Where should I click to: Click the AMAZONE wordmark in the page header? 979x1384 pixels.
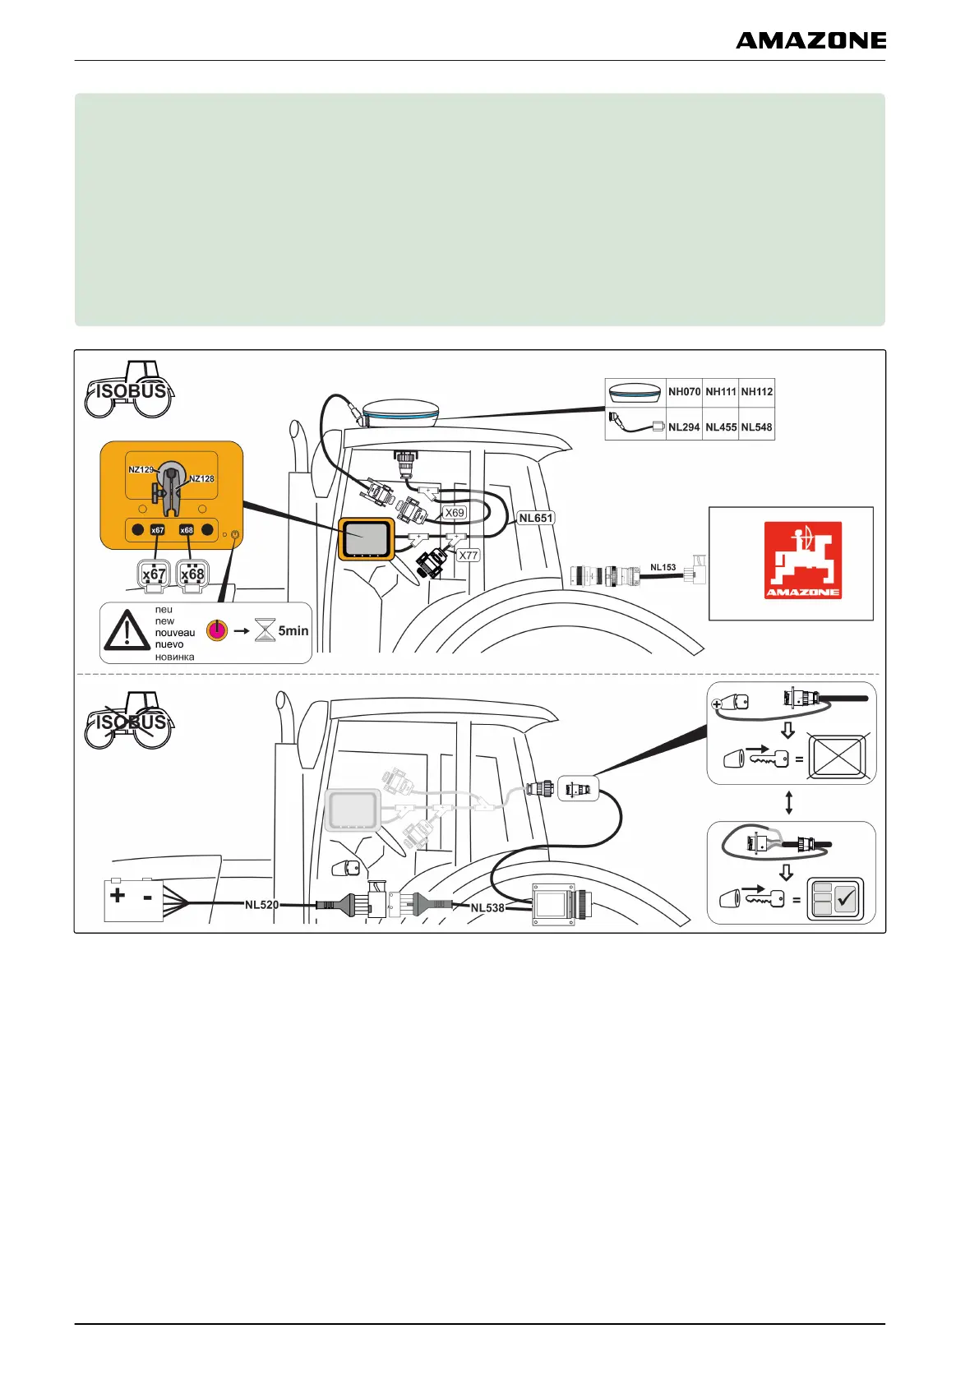[810, 40]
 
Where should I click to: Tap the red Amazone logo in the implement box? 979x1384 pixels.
[802, 561]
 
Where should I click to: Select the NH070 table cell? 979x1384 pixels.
[684, 392]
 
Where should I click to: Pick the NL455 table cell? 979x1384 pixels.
[721, 427]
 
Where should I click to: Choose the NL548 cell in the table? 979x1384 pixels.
[756, 427]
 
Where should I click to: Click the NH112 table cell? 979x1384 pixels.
[756, 392]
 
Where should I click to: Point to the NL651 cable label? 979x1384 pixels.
[536, 518]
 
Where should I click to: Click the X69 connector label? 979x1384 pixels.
[455, 513]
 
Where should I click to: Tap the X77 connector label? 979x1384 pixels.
[468, 556]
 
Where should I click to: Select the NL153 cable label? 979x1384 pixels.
[663, 567]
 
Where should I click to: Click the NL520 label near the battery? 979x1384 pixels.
[261, 905]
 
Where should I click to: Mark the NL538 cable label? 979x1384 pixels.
[487, 908]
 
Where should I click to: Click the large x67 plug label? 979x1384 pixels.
[154, 574]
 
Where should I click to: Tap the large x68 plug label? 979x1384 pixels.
[192, 574]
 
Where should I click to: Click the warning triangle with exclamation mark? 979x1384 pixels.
[126, 631]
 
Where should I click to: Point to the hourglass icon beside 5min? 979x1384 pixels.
[265, 631]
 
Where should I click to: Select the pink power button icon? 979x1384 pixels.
[217, 630]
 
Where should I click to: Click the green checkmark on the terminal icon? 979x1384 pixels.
[846, 899]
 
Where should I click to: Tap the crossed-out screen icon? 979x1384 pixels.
[838, 757]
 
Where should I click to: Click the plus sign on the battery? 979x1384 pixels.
[118, 894]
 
